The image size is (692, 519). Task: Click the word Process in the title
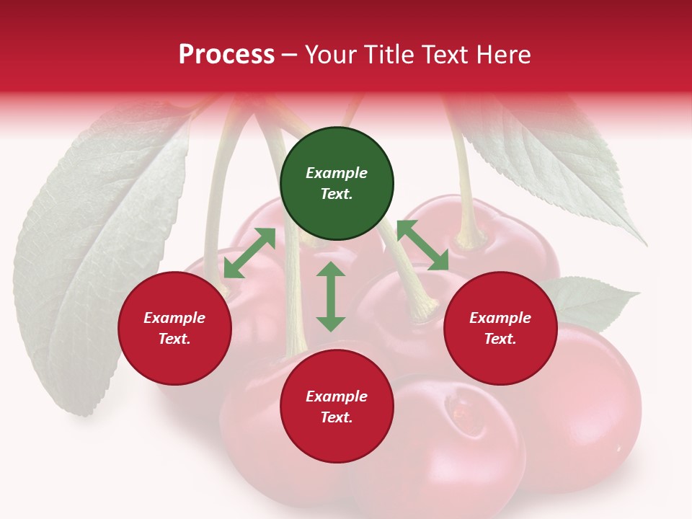click(x=226, y=55)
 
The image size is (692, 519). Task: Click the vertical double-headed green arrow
click(x=331, y=296)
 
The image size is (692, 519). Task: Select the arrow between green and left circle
click(x=249, y=253)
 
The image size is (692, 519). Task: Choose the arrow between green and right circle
click(x=422, y=245)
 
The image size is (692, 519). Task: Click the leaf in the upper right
click(x=555, y=166)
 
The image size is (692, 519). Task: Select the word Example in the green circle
click(x=337, y=173)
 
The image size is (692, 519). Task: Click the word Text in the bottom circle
click(x=335, y=417)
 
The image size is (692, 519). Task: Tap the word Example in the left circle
click(x=174, y=318)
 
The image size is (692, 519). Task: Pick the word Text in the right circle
click(x=499, y=339)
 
